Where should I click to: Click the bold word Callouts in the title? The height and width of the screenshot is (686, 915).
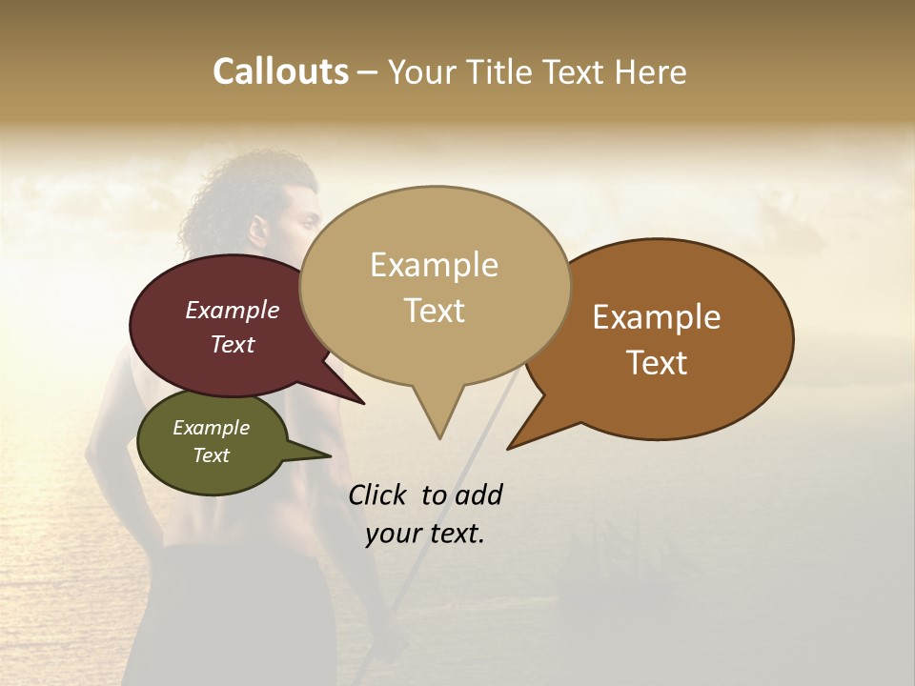tap(280, 71)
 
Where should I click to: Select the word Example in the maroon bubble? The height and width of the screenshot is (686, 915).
tap(233, 310)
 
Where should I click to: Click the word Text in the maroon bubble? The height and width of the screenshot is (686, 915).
tap(233, 344)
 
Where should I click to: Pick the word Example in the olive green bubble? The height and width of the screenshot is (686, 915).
tap(211, 428)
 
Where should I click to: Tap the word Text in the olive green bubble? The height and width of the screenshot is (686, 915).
tap(211, 455)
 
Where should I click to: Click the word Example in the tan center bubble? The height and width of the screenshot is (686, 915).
tap(434, 265)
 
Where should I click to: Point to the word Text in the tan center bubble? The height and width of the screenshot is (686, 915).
tap(434, 311)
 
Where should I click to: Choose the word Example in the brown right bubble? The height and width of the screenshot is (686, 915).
tap(657, 317)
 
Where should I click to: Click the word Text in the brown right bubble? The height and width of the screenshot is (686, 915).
tap(657, 363)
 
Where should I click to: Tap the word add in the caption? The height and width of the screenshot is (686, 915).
tap(478, 494)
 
